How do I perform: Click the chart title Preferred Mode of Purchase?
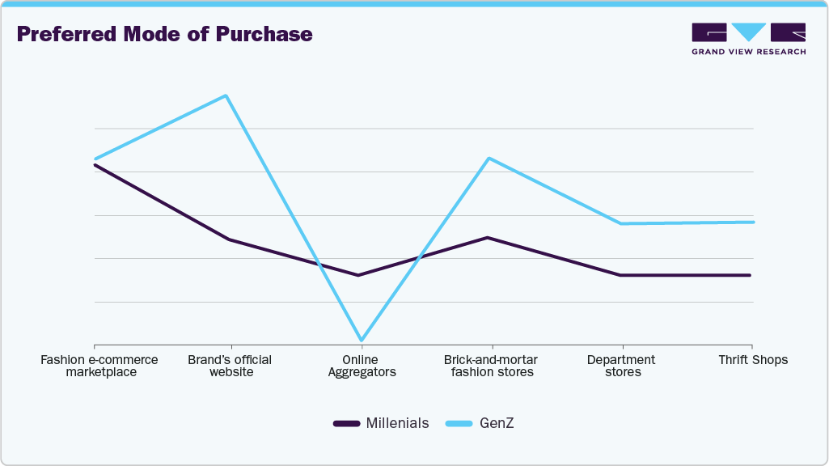coord(164,34)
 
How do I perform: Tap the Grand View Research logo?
coord(748,39)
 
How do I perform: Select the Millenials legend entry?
coord(381,423)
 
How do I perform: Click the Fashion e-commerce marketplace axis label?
coord(99,366)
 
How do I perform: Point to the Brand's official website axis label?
coord(231,366)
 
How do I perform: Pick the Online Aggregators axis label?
coord(362,366)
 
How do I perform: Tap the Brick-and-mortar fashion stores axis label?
coord(491,366)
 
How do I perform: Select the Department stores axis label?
coord(621,366)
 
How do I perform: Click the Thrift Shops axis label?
coord(752,360)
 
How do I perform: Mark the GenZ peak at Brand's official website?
coord(226,95)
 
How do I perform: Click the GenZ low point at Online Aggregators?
coord(362,341)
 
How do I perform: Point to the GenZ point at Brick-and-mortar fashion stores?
coord(489,159)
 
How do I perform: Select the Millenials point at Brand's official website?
coord(229,239)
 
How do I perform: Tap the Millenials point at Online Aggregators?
coord(358,275)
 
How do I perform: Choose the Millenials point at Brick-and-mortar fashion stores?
coord(488,238)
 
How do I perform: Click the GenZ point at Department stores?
coord(620,223)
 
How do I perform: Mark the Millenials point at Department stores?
coord(620,275)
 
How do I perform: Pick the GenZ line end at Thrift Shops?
coord(752,222)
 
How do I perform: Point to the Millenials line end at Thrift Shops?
coord(750,275)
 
